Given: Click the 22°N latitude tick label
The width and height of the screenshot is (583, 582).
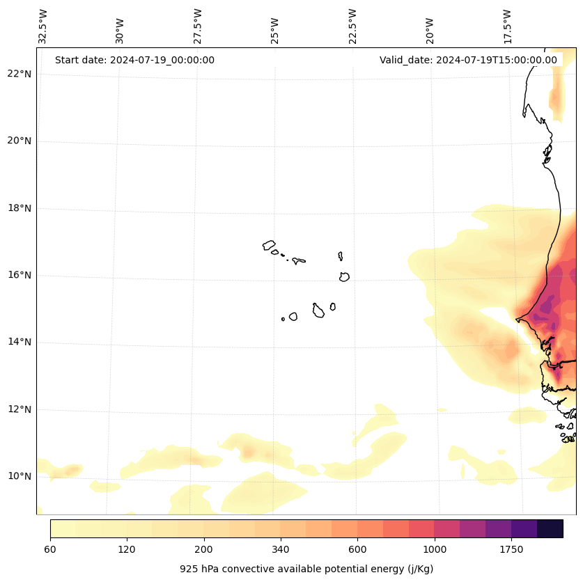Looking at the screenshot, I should pos(20,74).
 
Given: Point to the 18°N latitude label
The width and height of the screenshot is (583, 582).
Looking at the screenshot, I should pos(20,208).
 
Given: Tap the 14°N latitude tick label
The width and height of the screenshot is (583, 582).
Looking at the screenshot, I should pos(20,342).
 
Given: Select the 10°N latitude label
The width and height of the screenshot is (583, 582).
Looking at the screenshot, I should pos(20,476).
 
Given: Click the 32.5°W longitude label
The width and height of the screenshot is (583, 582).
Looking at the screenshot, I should pos(43,26).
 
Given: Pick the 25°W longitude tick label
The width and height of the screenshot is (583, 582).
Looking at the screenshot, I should pos(275,31).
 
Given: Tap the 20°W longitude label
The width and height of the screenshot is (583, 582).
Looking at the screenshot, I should pos(430,31).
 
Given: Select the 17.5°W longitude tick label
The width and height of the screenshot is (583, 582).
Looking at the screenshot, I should pos(507,26).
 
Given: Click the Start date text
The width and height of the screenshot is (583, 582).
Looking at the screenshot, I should pos(134,60).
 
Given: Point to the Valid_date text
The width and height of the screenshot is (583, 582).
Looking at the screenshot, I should pos(468,60).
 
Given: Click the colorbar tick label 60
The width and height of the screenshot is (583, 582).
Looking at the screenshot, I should pos(50,550).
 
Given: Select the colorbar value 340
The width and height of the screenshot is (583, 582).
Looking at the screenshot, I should pos(281,550).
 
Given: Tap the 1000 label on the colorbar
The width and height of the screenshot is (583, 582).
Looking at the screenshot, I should pos(435,550).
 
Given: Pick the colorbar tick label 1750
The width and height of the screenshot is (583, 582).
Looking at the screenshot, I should pos(511,550).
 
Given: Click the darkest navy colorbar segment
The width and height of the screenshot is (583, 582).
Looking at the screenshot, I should pos(550,528).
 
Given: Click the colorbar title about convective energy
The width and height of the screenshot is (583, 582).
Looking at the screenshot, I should pos(306,569).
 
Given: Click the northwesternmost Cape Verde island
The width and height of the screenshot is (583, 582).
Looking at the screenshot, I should pos(269,245).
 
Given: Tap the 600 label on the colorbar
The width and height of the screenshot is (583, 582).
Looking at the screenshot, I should pos(357,550).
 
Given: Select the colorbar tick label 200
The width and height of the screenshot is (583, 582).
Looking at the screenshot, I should pos(203,550).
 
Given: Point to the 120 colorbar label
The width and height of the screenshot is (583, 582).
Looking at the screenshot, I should pos(127,550).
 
